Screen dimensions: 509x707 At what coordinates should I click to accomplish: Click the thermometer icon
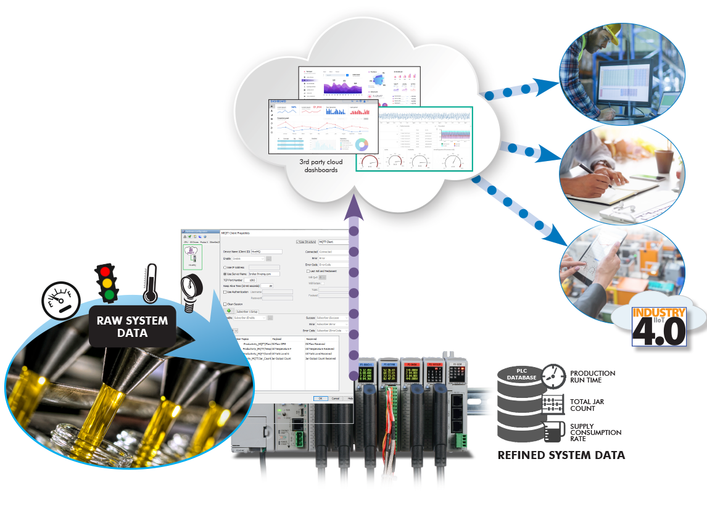[149, 284]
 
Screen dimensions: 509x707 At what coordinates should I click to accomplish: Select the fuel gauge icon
[60, 300]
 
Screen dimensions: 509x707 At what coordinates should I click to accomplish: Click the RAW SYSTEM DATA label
[131, 326]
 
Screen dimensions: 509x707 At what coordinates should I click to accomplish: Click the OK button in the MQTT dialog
[320, 398]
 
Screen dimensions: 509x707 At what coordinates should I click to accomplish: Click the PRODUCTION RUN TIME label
[592, 377]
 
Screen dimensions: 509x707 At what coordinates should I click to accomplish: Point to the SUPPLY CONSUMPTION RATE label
[595, 432]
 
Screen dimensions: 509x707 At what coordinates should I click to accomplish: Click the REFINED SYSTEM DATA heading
[561, 455]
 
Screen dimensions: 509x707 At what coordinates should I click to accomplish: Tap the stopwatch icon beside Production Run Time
[553, 376]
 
